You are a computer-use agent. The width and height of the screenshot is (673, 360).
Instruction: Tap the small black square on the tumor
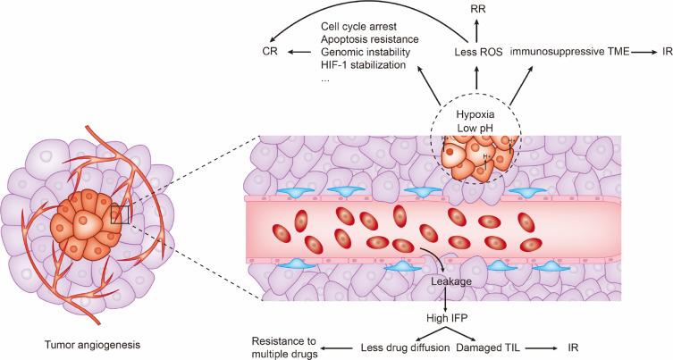point(121,213)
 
